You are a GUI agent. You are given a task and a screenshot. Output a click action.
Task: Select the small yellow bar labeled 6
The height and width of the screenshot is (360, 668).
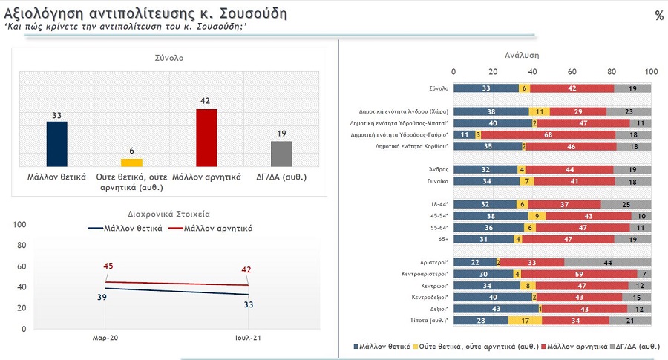point(131,162)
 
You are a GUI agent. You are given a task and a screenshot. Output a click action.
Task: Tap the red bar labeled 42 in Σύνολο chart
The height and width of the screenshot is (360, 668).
point(206,137)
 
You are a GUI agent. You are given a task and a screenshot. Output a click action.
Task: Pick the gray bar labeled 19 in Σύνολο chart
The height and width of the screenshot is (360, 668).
point(281,153)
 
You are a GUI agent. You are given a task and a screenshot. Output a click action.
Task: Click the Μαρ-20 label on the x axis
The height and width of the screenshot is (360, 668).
point(105,338)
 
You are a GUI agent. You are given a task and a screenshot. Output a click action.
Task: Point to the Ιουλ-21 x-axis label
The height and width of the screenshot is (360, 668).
point(248,338)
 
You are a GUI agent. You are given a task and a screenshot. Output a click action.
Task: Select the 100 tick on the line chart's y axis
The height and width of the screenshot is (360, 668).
point(20,224)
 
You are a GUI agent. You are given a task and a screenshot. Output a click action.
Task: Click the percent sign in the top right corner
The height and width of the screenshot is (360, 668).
point(658,16)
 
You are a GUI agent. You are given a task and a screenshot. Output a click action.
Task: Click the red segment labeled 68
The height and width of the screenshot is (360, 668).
point(547,134)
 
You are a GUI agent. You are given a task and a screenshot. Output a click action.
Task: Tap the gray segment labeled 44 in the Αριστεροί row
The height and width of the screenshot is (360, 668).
point(606,262)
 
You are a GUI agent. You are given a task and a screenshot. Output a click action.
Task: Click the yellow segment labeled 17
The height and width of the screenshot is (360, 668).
point(525,320)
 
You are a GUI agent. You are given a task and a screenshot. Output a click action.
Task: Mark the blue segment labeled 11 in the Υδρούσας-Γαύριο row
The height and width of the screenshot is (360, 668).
point(464,134)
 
